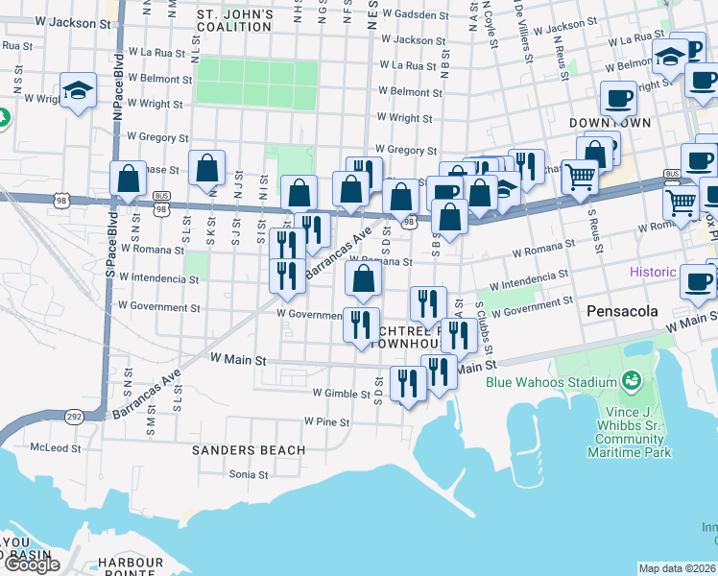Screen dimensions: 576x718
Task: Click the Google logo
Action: pos(31,564)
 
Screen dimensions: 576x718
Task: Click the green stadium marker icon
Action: pos(632,382)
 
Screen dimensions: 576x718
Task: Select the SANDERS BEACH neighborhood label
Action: pos(249,449)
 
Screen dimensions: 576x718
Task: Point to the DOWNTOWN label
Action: pos(610,123)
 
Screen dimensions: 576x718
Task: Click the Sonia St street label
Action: pos(248,473)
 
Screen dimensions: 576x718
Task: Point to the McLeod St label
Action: pos(55,447)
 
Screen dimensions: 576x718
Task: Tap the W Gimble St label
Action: pos(342,394)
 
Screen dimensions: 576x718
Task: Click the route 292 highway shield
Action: pos(73,416)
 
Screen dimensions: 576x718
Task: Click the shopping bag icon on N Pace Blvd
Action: pos(129,179)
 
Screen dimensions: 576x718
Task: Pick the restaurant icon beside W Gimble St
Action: pos(408,384)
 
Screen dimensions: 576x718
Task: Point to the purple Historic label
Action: pos(653,272)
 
